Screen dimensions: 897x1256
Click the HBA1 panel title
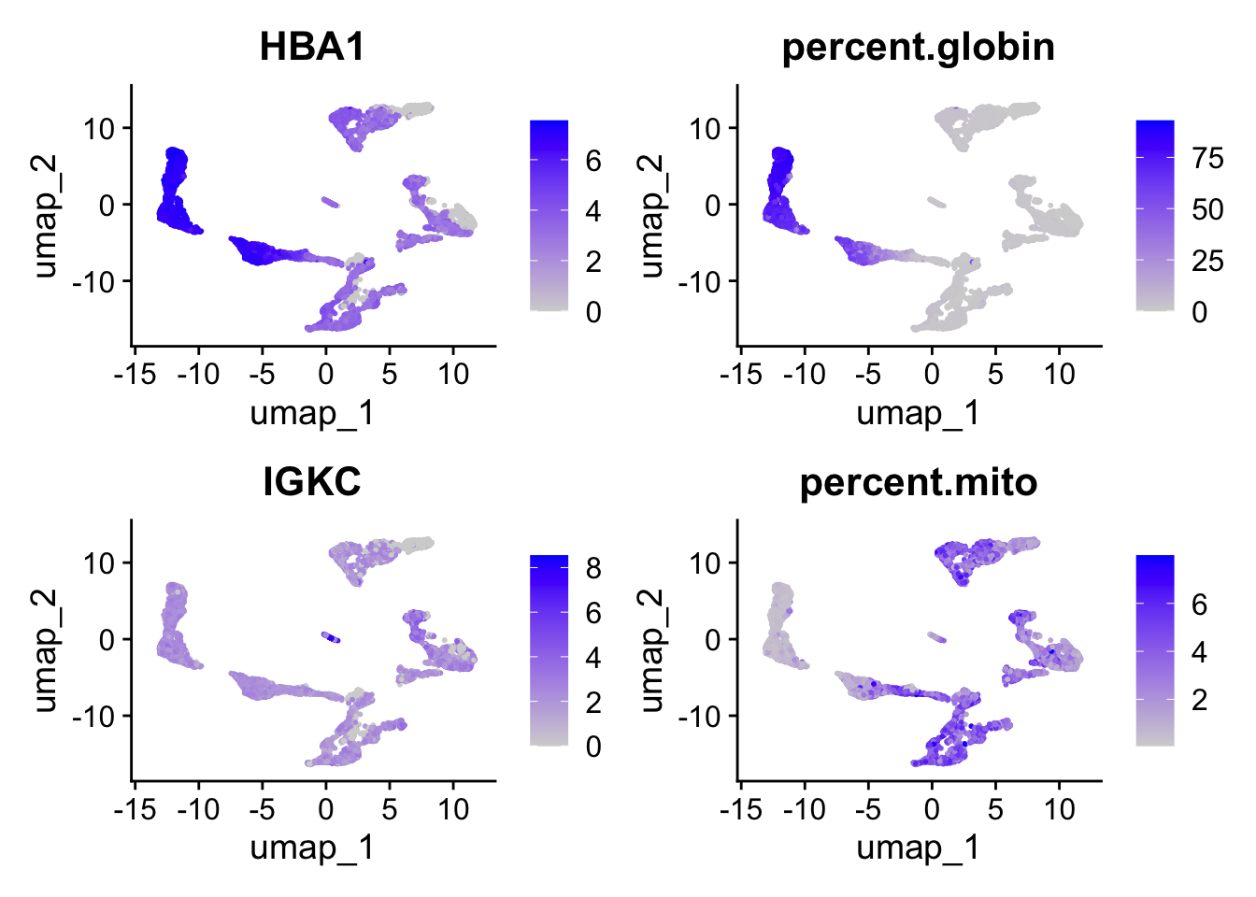[x=312, y=47]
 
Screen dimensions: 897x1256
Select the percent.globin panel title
[x=918, y=47]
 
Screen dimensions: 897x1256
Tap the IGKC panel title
[x=312, y=482]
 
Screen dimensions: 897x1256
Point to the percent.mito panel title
[x=918, y=482]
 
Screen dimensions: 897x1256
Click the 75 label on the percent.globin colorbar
[x=1207, y=159]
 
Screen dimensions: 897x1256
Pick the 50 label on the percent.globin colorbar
[x=1207, y=209]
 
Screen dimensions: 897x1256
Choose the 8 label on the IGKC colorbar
[x=592, y=568]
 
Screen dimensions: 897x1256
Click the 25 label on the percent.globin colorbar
[x=1207, y=261]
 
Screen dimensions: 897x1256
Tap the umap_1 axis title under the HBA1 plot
[x=312, y=412]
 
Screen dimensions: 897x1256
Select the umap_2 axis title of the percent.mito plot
[x=651, y=650]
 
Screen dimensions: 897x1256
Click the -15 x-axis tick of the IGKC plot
[x=135, y=809]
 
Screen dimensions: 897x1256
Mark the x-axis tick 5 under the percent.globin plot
[x=995, y=375]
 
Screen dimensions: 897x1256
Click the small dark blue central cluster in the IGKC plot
[x=331, y=637]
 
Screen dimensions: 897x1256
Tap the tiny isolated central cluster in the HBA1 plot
[x=331, y=202]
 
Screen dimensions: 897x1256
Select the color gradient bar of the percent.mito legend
[x=1154, y=650]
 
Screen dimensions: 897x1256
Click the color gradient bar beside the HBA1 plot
[x=549, y=215]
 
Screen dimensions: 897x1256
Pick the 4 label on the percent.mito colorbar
[x=1199, y=652]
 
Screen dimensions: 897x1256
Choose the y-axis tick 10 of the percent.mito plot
[x=707, y=563]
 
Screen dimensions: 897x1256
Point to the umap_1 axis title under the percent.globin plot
[x=918, y=412]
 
